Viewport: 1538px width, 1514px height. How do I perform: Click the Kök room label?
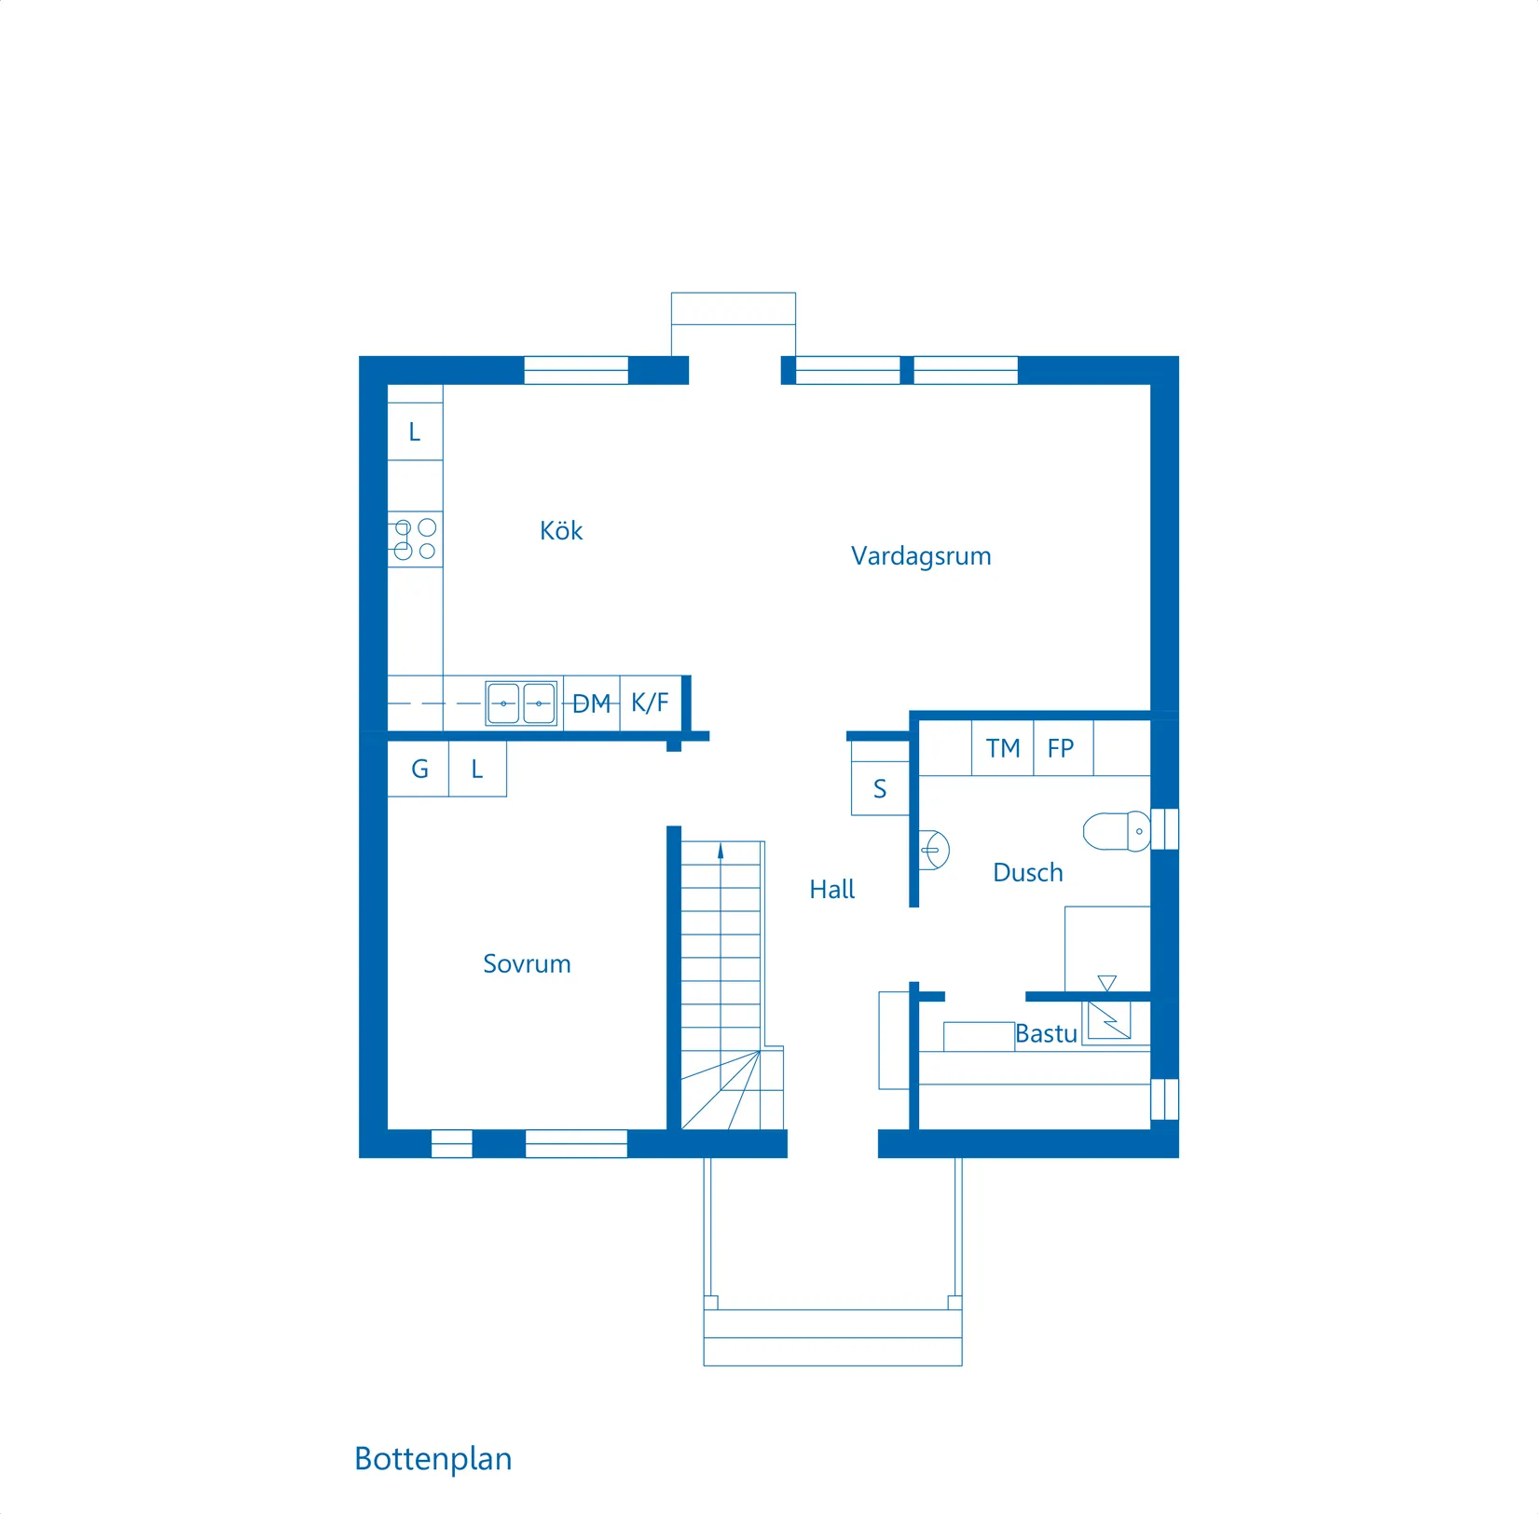coord(561,531)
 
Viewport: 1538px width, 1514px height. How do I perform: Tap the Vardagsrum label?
coord(921,557)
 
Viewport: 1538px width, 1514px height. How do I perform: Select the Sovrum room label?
coord(527,964)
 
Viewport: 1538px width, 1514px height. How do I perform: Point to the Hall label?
coord(831,890)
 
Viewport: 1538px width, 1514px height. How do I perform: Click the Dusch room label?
coord(1028,873)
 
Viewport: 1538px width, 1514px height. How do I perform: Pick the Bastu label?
coord(1046,1034)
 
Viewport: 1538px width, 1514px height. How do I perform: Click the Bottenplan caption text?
coord(433,1460)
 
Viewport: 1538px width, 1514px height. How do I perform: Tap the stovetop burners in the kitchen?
coord(415,539)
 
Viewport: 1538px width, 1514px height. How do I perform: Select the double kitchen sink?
coord(522,703)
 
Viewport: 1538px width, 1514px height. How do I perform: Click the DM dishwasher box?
coord(592,703)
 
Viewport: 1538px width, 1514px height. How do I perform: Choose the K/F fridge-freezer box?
coord(651,703)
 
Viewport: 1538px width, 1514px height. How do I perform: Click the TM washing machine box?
coord(1003,748)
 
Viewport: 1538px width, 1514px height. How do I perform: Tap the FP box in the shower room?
coord(1064,748)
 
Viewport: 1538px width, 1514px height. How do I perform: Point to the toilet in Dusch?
coord(1117,831)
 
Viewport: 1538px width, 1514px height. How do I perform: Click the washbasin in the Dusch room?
coord(934,850)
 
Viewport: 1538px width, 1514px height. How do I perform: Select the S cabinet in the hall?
coord(880,789)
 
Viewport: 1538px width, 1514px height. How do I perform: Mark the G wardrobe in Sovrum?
coord(419,770)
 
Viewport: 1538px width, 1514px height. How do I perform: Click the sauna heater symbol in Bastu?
coord(1109,1020)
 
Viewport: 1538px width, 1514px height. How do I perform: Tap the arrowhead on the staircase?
coord(721,852)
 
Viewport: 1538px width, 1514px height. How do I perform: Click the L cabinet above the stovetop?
coord(415,431)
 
